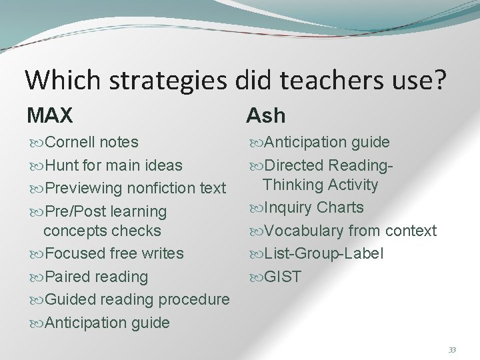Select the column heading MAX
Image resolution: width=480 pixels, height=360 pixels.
[50, 115]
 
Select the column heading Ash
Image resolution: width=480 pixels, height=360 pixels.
[265, 115]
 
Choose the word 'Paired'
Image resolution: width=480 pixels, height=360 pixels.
[65, 277]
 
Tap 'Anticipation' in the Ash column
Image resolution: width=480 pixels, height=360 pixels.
[303, 142]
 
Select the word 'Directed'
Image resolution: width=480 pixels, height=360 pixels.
[291, 165]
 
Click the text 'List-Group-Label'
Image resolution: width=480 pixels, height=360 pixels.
[324, 254]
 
